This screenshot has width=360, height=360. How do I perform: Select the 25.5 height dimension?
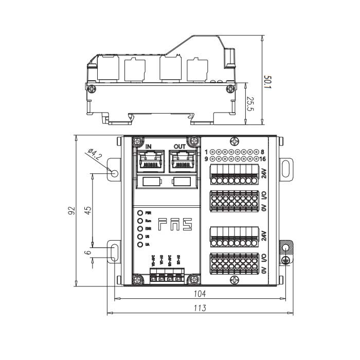(x=250, y=104)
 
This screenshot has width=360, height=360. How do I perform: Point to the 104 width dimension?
(x=200, y=294)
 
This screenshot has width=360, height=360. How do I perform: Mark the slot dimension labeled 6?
(x=88, y=253)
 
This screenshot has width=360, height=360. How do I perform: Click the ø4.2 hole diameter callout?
(x=96, y=154)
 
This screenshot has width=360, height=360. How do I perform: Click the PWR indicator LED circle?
(x=140, y=212)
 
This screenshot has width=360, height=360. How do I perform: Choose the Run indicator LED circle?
(x=140, y=220)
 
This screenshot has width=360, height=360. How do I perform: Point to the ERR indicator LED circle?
(x=140, y=228)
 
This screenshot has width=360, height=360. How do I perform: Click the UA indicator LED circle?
(x=140, y=244)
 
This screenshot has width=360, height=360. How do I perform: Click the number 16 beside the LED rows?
(x=262, y=159)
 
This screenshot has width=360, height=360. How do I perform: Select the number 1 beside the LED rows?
(x=206, y=152)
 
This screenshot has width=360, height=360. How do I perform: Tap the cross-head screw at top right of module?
(x=235, y=141)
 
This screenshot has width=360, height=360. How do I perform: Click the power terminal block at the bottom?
(x=166, y=276)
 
